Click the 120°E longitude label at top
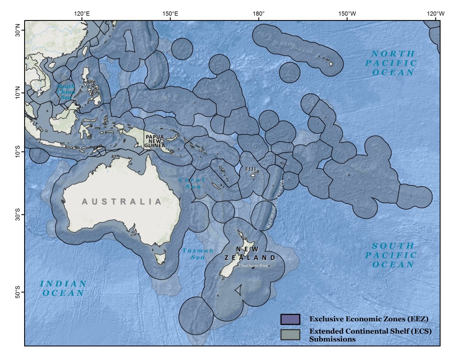tap(82, 13)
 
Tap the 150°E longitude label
tap(170, 13)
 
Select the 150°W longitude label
tap(347, 13)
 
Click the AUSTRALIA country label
tap(122, 202)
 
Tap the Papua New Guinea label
tap(155, 141)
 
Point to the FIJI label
tap(251, 169)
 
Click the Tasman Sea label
tap(198, 254)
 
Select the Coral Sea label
tap(192, 183)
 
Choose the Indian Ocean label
tap(64, 289)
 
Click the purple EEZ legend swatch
tap(290, 319)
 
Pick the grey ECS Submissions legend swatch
tap(290, 335)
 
